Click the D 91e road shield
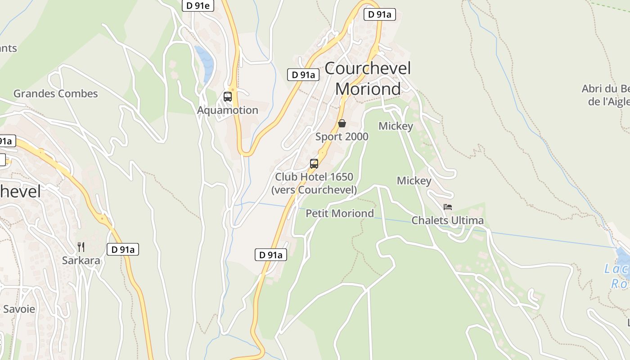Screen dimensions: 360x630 (x=198, y=5)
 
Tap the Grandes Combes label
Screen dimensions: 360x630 (x=55, y=94)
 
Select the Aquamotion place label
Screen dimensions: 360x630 (x=228, y=110)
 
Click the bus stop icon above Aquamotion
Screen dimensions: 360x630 (x=228, y=96)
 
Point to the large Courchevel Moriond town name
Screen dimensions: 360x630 (x=368, y=79)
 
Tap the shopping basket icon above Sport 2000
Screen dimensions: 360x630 (x=342, y=123)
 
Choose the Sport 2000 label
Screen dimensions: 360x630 (x=342, y=137)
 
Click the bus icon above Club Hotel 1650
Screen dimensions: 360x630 (x=314, y=163)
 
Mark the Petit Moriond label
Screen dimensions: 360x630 (x=340, y=213)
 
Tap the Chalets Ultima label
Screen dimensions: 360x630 (x=448, y=220)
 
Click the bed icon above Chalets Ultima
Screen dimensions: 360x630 (x=448, y=207)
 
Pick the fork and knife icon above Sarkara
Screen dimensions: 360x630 (x=81, y=247)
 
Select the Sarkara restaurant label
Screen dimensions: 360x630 (x=81, y=261)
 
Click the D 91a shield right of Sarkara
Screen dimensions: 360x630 (x=122, y=249)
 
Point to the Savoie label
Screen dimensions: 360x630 (x=19, y=309)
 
